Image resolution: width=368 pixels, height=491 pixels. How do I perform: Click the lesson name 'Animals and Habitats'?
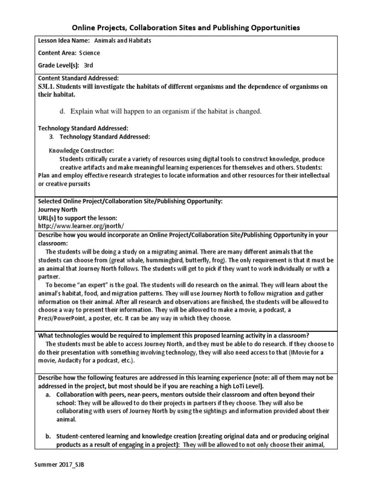click(x=122, y=41)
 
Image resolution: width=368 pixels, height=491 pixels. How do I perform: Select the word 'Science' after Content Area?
click(x=90, y=53)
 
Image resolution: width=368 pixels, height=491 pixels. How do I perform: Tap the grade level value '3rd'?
click(x=88, y=66)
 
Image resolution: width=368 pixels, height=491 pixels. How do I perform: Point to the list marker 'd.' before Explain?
click(x=62, y=112)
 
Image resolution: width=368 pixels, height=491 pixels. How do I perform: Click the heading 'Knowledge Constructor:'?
click(x=81, y=151)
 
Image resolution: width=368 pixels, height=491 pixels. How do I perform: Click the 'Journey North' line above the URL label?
click(x=57, y=210)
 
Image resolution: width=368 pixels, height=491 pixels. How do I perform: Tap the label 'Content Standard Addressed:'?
click(x=78, y=78)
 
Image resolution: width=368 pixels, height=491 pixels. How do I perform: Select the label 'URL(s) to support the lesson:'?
click(x=77, y=218)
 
